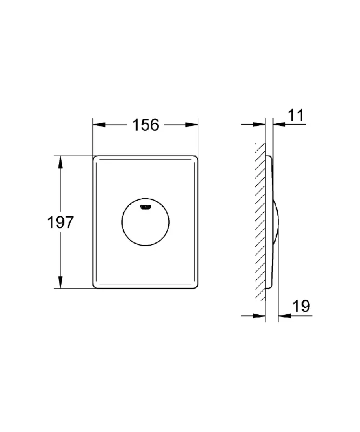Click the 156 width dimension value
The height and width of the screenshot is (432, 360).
(145, 125)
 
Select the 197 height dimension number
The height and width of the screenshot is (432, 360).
(61, 222)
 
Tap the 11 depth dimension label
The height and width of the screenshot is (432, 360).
(296, 115)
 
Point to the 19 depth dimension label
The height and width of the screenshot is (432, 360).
(301, 306)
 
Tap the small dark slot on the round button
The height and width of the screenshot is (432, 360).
(145, 207)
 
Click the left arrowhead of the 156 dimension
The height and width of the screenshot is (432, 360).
(99, 125)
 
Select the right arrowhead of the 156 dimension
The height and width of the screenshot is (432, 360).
(192, 125)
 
